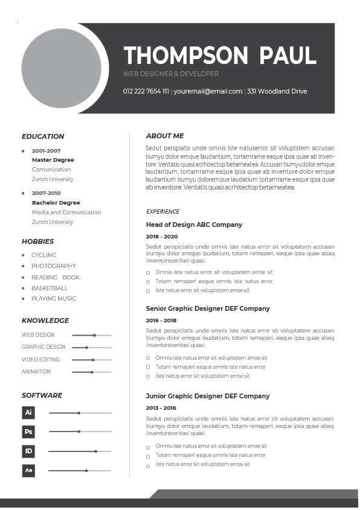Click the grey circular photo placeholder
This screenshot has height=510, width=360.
click(61, 68)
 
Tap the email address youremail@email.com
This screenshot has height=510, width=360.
click(208, 92)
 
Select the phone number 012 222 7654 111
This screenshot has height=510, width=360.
click(146, 92)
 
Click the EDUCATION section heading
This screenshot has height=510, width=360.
click(43, 136)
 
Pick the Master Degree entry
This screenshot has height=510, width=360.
click(53, 160)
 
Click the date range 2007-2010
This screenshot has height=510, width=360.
click(47, 193)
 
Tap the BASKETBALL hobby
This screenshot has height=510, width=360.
click(50, 288)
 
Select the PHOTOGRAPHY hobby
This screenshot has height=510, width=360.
click(54, 266)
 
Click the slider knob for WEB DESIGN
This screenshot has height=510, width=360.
click(94, 335)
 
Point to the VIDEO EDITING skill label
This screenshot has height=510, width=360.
click(40, 360)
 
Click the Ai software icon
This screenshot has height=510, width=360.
click(28, 413)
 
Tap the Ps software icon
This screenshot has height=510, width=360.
click(28, 432)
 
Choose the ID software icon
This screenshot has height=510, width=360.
click(28, 451)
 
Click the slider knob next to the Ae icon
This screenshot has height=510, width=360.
click(86, 470)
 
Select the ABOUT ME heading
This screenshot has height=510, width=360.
click(165, 136)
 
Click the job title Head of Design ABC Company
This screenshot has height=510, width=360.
click(194, 225)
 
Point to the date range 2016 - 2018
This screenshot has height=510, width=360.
click(161, 320)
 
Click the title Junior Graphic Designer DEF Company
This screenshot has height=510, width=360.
click(208, 396)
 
